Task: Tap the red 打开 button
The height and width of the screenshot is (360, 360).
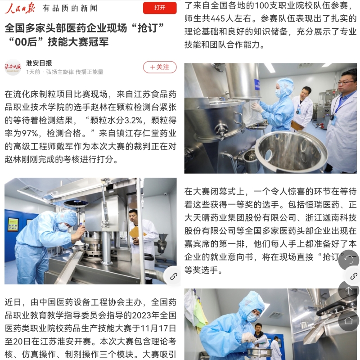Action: pos(160,8)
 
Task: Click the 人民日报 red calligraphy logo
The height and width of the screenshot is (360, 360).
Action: pos(20,9)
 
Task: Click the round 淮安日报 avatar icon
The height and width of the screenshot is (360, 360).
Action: pos(13,67)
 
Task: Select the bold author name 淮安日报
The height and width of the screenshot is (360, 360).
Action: pos(39,63)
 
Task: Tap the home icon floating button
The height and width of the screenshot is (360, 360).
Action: pos(349,320)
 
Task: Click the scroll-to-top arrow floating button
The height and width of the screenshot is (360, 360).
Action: pos(349,290)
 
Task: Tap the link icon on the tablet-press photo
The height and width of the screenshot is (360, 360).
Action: pos(173,276)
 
